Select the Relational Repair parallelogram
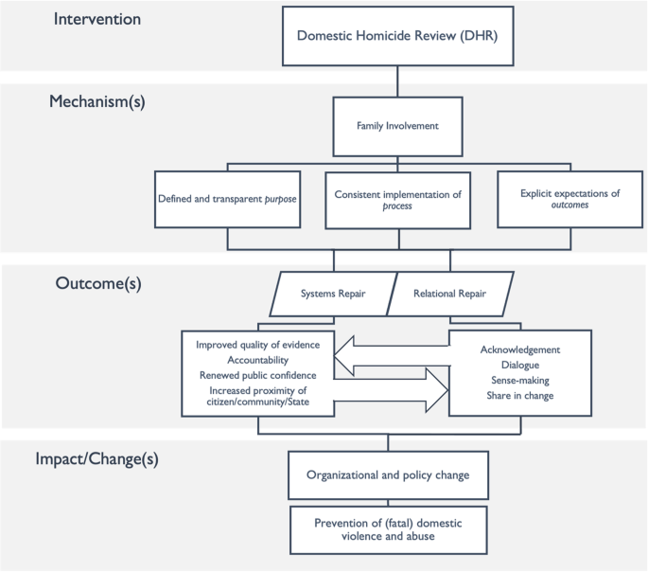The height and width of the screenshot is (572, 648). pyautogui.click(x=450, y=294)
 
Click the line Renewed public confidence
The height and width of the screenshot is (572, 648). pyautogui.click(x=258, y=375)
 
